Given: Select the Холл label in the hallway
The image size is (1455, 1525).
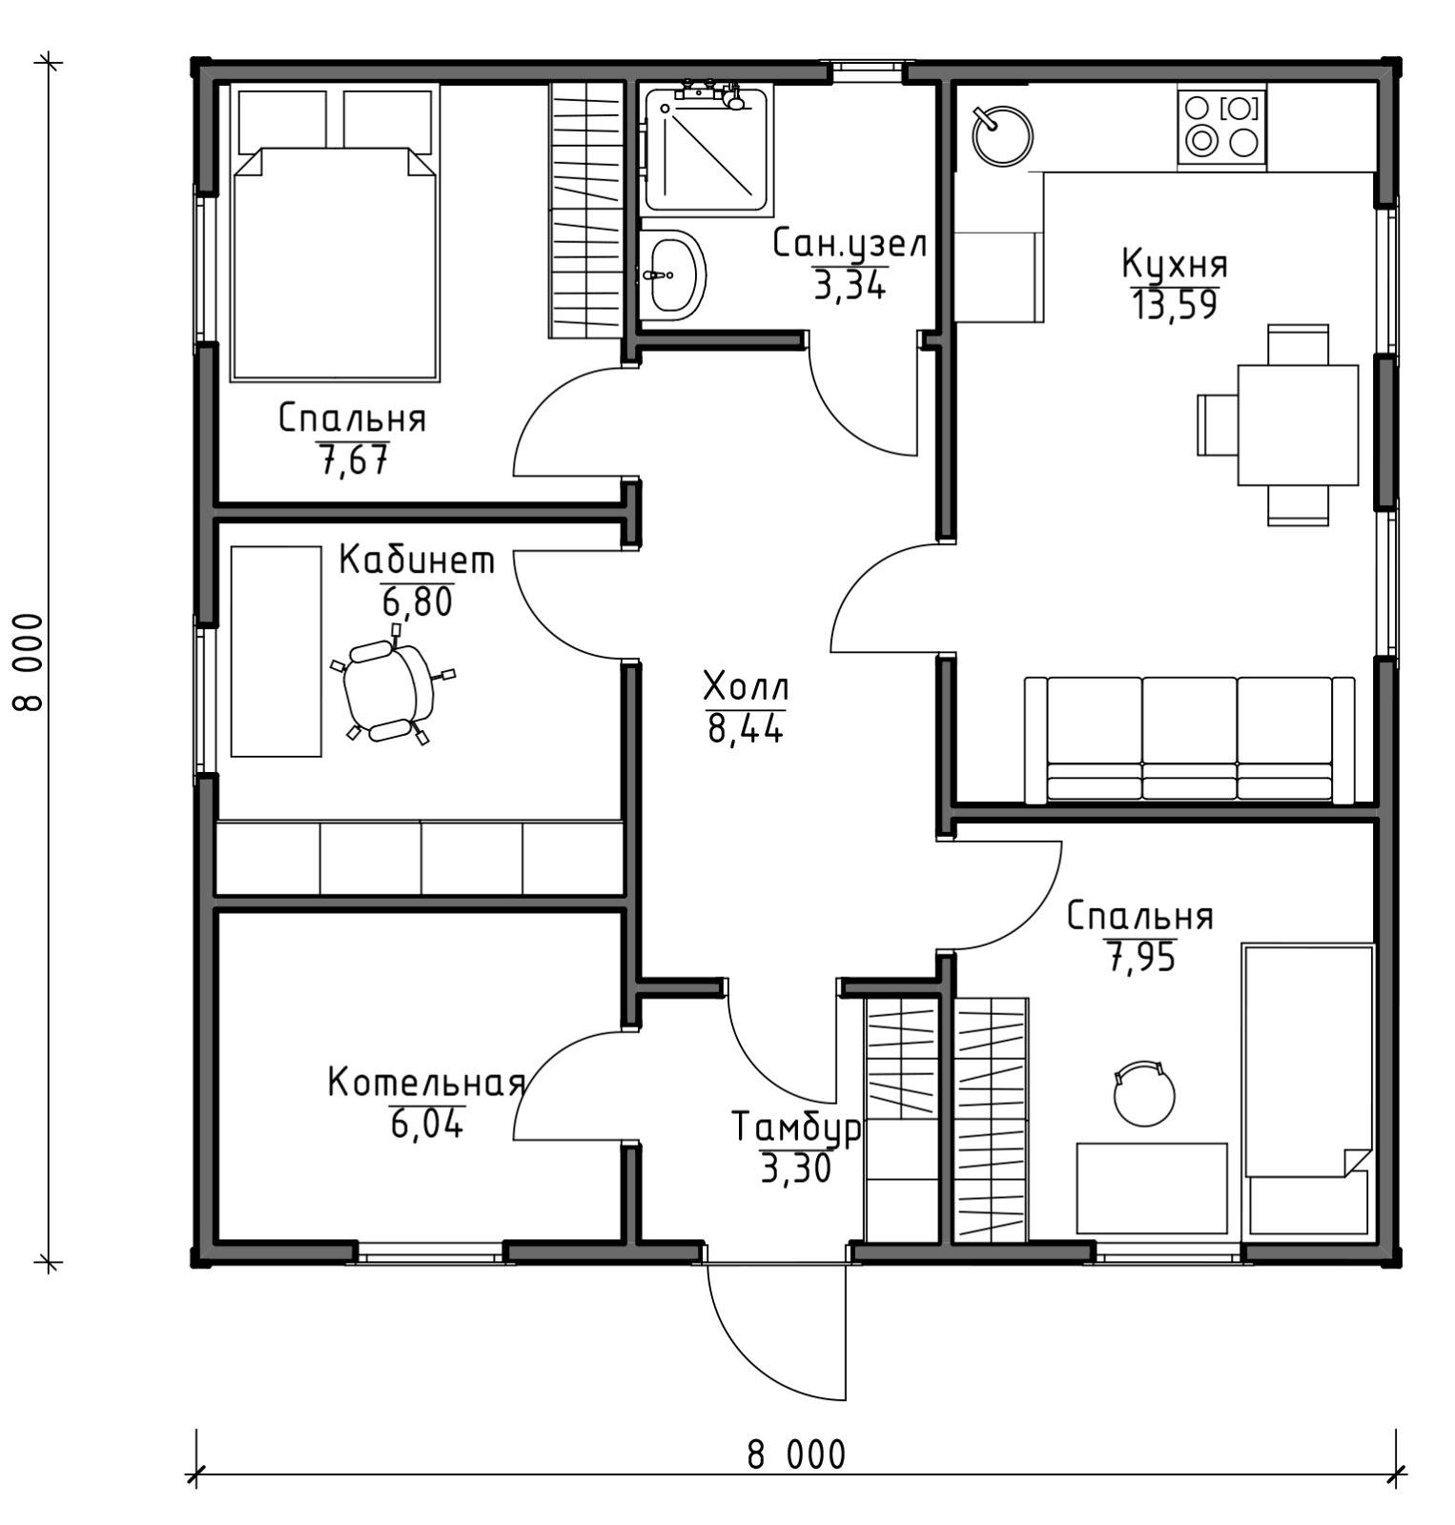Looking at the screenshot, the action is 746,687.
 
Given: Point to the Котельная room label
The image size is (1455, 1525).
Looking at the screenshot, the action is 426,1083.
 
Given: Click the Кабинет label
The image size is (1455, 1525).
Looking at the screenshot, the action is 417,560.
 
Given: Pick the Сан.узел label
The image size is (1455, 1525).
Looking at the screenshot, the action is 849,245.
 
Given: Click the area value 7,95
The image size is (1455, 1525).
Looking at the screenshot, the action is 1140,957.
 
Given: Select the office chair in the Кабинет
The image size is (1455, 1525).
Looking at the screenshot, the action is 390,688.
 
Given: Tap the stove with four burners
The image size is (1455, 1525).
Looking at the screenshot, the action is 1221,126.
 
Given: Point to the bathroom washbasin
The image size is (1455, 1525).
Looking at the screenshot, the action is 673,275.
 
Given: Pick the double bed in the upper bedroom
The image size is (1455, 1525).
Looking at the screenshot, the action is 335,234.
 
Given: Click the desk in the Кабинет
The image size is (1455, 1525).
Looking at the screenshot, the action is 277,652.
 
